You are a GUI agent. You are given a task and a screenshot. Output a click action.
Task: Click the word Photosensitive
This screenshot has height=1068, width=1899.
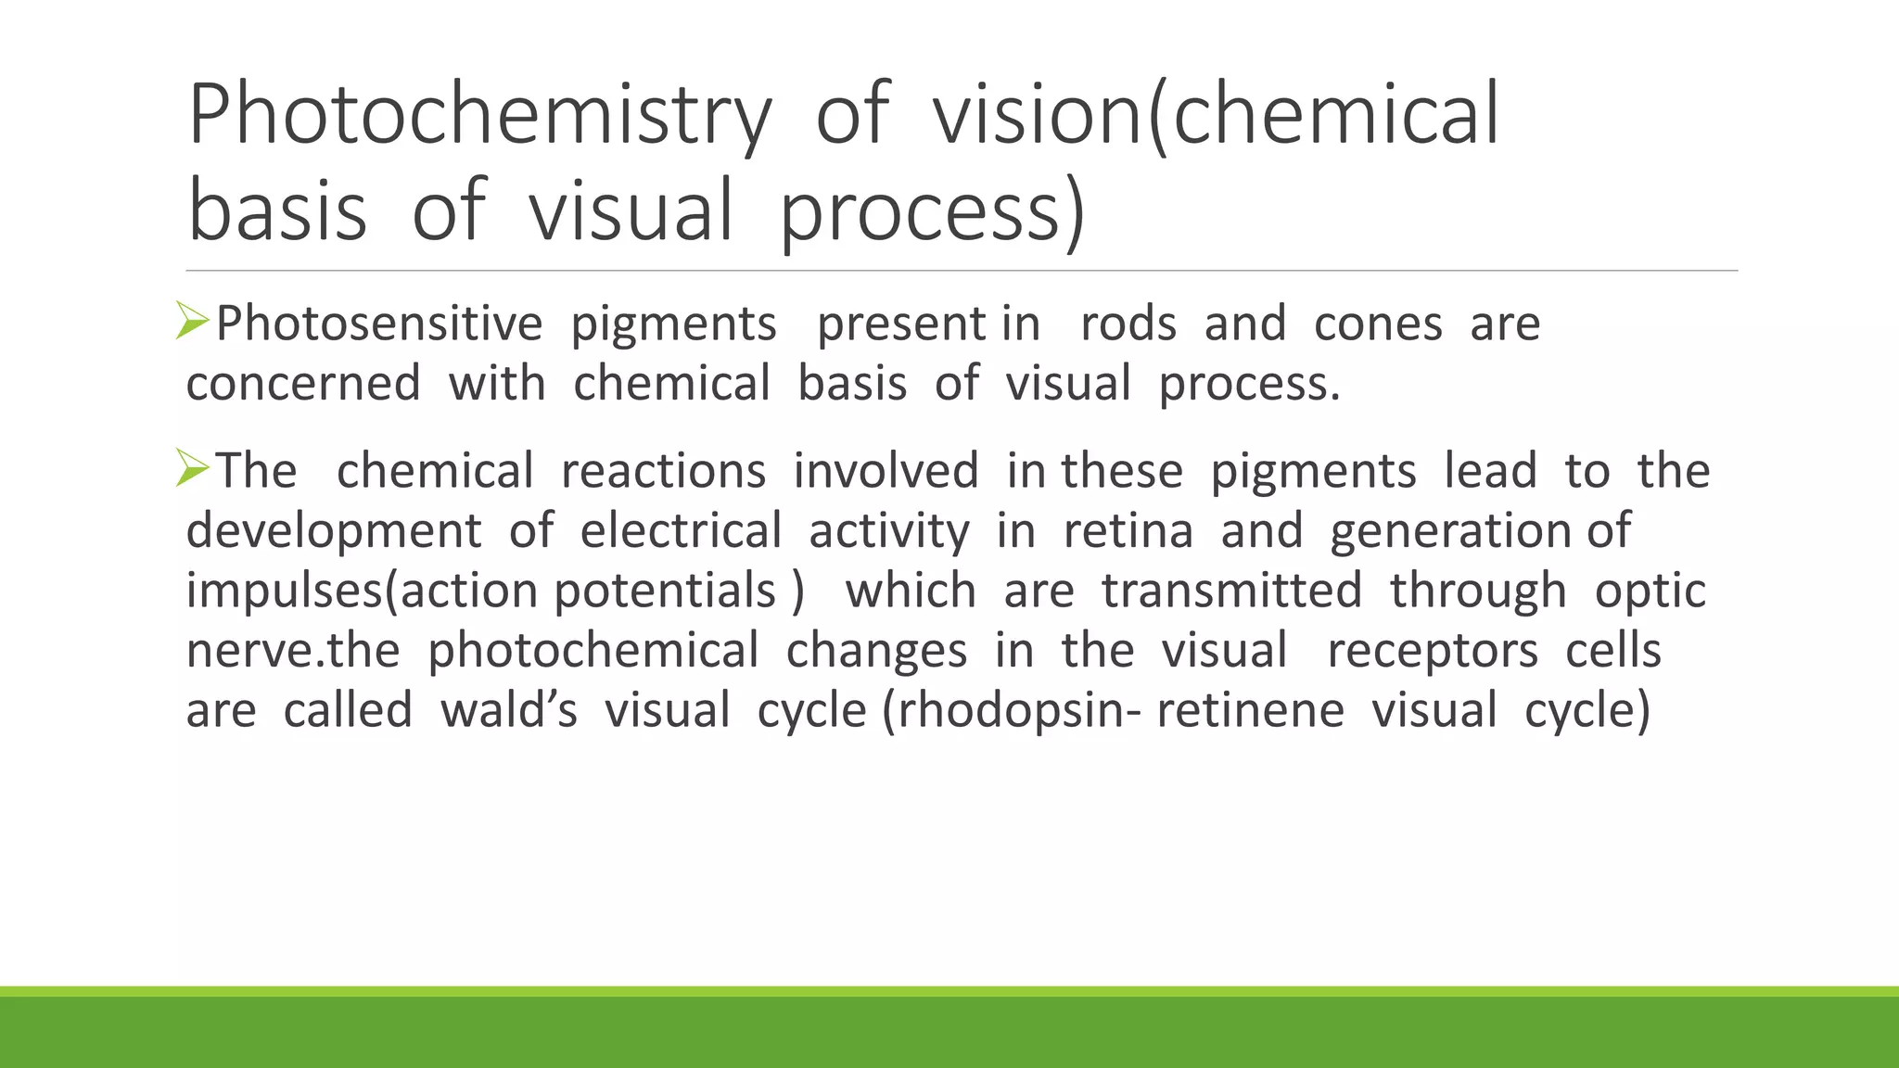[x=379, y=324]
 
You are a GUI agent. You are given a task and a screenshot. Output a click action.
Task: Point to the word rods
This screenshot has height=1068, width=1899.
[x=1128, y=324]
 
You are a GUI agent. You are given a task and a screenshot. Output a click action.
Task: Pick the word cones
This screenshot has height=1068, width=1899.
[x=1378, y=324]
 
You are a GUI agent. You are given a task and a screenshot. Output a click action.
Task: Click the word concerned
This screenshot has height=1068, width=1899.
[x=303, y=384]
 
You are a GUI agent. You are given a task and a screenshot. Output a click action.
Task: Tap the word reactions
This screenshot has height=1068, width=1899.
[x=663, y=471]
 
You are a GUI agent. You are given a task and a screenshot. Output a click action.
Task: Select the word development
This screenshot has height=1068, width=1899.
[x=334, y=532]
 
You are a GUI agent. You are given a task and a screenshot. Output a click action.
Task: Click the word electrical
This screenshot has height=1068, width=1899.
[x=681, y=531]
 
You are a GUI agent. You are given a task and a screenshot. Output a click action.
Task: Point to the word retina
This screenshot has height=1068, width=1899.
[x=1128, y=531]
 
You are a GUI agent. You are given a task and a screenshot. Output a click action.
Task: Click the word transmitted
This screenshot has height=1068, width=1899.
[x=1231, y=591]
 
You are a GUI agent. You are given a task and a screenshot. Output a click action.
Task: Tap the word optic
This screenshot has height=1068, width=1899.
[x=1650, y=591]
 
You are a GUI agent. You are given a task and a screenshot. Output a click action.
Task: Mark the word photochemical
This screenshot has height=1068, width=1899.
[x=593, y=651]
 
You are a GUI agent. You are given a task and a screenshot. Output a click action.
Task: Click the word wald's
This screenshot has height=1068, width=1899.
[x=509, y=710]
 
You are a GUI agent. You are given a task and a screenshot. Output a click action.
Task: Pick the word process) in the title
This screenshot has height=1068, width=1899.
[x=932, y=212]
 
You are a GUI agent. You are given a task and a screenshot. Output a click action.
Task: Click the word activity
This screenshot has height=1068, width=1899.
[x=889, y=532]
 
